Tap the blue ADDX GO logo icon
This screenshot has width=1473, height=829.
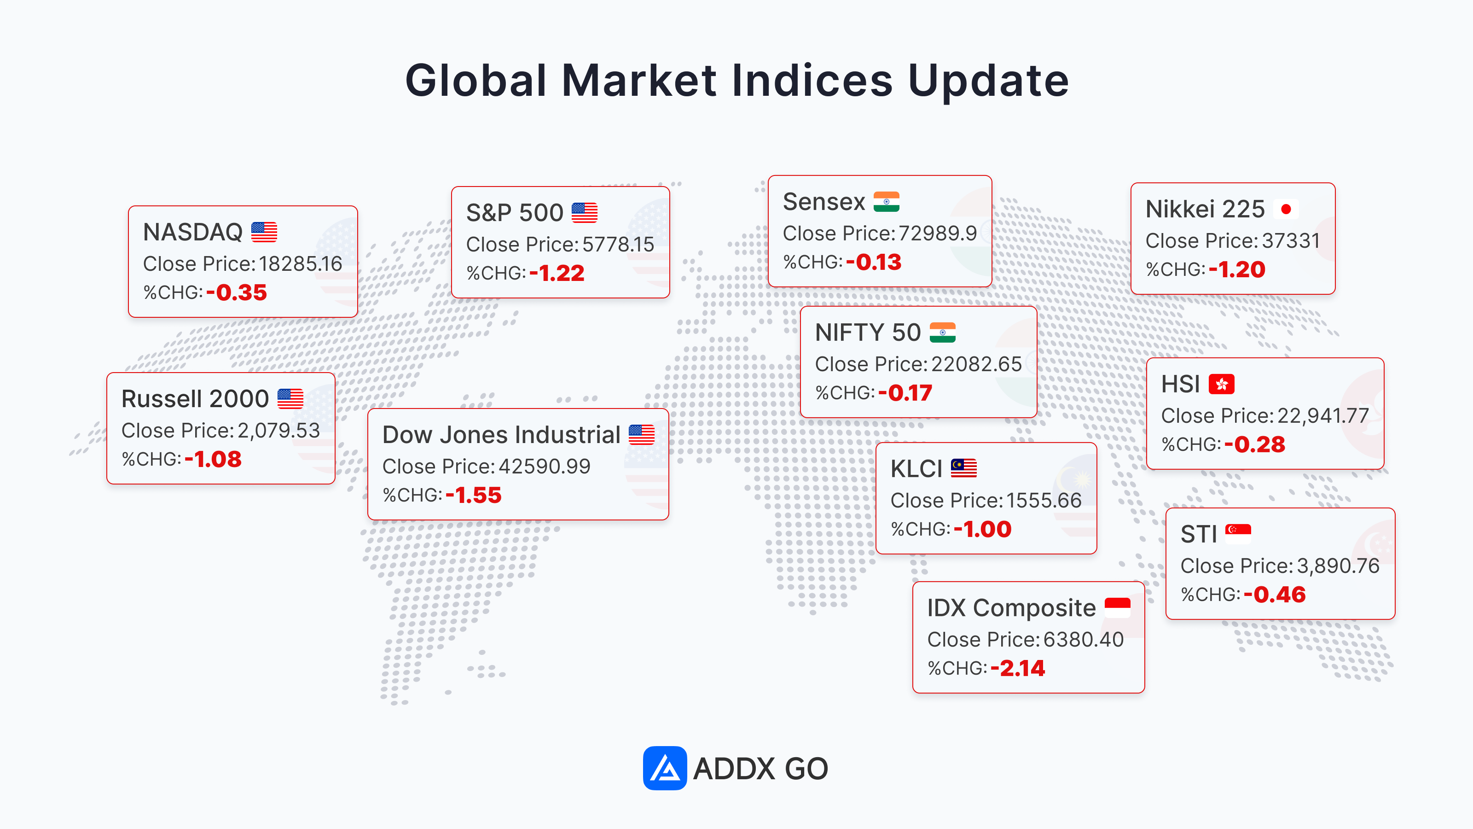[x=664, y=768]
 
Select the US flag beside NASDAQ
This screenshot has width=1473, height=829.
[x=264, y=232]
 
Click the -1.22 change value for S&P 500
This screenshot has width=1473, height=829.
[x=557, y=274]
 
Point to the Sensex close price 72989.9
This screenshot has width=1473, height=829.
[x=937, y=234]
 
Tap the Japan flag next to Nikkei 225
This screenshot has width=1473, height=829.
[x=1286, y=209]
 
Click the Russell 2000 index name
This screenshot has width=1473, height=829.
[x=195, y=399]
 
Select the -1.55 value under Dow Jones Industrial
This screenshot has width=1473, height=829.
[x=474, y=496]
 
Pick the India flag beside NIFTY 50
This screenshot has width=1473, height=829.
[x=942, y=333]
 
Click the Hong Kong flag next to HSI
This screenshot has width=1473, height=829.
[x=1221, y=384]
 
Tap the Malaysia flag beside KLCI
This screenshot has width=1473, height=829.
[x=963, y=468]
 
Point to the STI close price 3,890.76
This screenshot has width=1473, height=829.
[x=1338, y=566]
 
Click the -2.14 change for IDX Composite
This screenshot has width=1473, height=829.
[x=1018, y=668]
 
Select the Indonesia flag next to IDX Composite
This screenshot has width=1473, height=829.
[x=1117, y=607]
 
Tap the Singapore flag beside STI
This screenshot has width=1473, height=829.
[x=1238, y=534]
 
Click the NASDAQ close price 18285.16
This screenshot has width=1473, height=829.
[x=300, y=264]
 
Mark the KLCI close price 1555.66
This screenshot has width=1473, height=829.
[x=1044, y=501]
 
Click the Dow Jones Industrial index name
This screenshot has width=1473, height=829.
[x=501, y=435]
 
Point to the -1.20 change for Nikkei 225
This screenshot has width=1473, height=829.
[x=1237, y=269]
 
